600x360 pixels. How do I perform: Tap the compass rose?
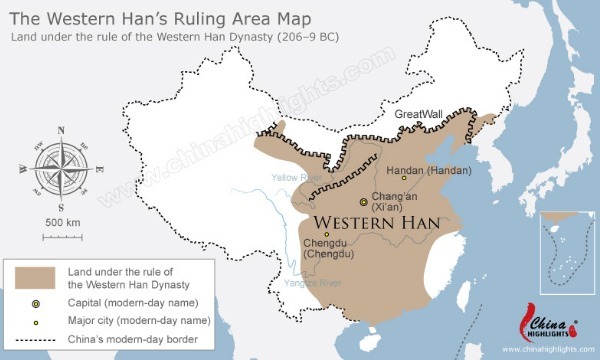click(x=61, y=165)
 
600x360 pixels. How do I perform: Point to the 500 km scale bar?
click(x=62, y=236)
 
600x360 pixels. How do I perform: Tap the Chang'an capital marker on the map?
click(x=363, y=201)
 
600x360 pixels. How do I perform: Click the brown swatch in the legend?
click(x=36, y=277)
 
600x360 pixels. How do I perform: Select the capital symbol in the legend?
click(x=36, y=302)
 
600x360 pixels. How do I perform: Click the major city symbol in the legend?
click(x=36, y=320)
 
